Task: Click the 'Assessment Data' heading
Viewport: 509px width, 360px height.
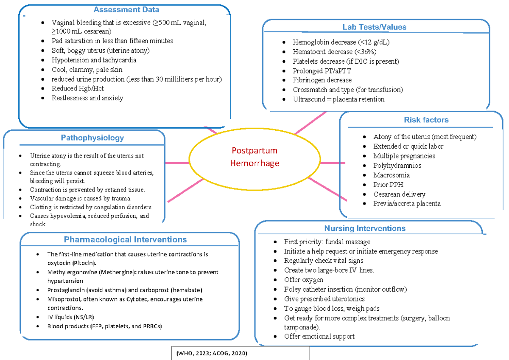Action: tap(126, 10)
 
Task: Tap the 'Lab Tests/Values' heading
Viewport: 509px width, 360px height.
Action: tap(375, 27)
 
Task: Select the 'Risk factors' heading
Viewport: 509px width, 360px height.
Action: tap(426, 120)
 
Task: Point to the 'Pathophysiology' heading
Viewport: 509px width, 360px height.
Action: tap(92, 138)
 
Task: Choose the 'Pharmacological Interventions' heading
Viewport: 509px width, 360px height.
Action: tap(125, 240)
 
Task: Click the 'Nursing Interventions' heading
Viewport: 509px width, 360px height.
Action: tap(365, 228)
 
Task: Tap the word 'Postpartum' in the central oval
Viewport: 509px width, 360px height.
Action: tap(255, 151)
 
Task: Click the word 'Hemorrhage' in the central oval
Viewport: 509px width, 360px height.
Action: tap(255, 163)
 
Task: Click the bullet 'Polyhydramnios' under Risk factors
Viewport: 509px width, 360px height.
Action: tap(397, 166)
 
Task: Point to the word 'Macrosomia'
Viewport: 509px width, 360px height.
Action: tap(392, 175)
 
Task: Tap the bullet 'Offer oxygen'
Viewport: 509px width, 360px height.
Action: tap(303, 280)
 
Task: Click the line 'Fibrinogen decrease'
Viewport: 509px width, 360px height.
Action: tap(322, 80)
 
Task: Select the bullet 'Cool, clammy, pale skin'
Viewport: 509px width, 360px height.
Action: tap(87, 70)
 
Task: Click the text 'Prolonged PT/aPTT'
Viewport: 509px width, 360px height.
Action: tap(322, 71)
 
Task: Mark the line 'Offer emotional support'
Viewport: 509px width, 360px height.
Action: tap(319, 336)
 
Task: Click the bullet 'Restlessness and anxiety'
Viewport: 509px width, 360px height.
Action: tap(87, 98)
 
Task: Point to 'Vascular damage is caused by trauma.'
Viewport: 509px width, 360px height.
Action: tap(81, 198)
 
